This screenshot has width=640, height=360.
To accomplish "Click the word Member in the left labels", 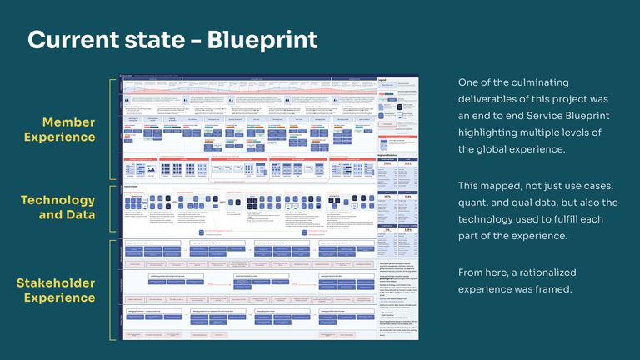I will click(x=69, y=122).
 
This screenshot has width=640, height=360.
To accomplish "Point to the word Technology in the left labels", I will click(x=58, y=200).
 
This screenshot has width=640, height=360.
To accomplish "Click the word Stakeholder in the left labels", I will click(x=56, y=283).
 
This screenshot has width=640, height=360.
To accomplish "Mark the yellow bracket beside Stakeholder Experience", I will click(x=112, y=290).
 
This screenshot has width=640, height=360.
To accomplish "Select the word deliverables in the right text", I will click(x=496, y=99).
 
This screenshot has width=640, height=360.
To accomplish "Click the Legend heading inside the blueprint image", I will click(x=383, y=80).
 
